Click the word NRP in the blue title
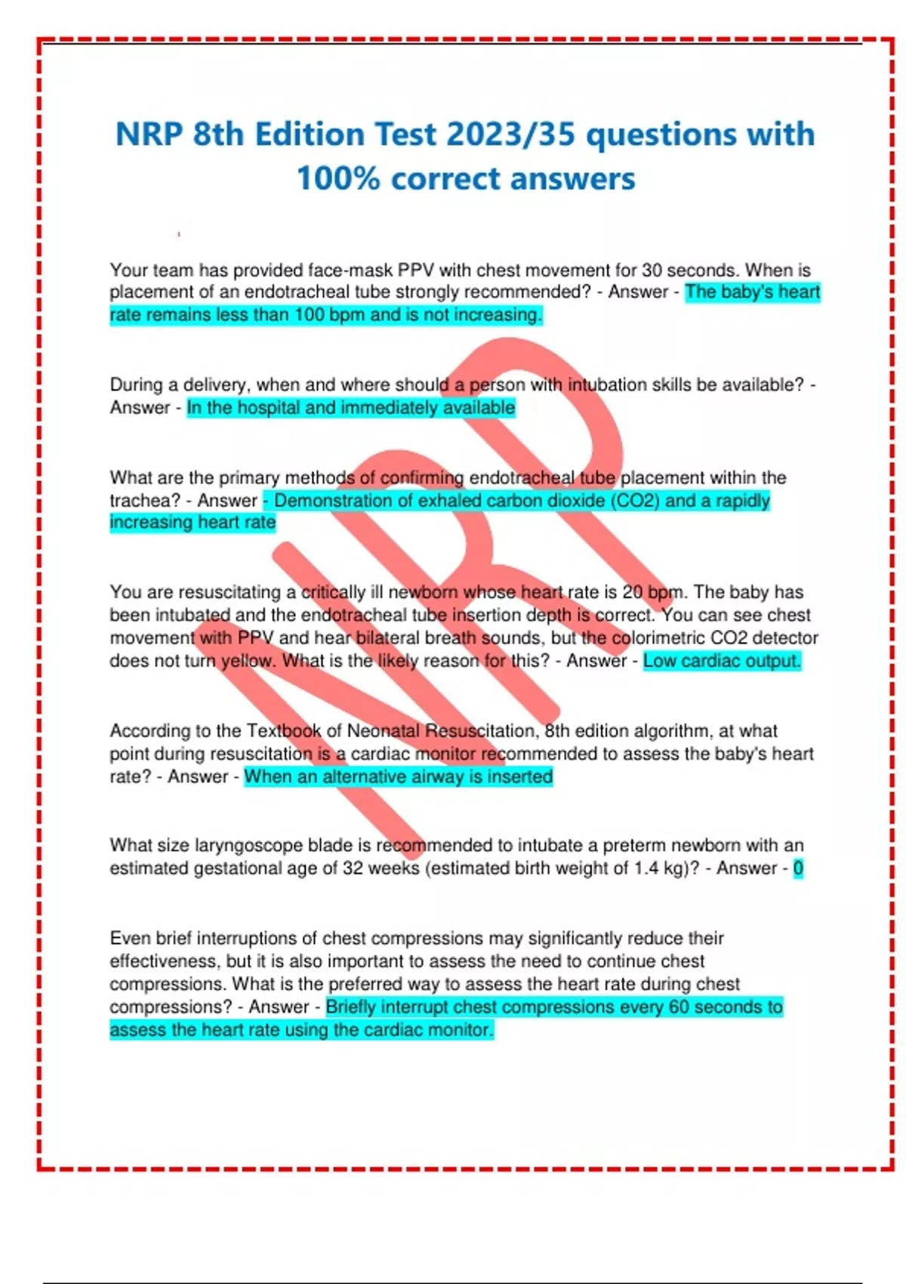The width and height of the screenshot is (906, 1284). [149, 134]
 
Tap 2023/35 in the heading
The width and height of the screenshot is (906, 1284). [510, 134]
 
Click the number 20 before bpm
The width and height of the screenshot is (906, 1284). [633, 592]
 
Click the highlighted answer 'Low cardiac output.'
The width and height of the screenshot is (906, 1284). [722, 661]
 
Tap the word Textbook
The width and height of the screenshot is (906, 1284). [284, 731]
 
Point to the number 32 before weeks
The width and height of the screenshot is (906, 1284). [353, 869]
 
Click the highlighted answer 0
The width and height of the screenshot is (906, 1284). [798, 869]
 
